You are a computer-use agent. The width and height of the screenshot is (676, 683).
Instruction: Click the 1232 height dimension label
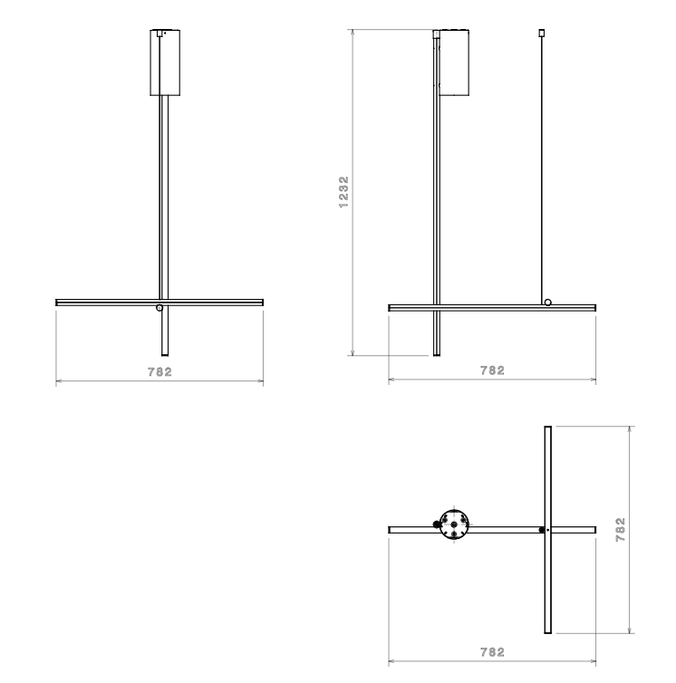click(343, 192)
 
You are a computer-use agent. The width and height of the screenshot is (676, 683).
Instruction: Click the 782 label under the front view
click(160, 372)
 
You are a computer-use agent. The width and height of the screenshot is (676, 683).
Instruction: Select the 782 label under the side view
click(493, 370)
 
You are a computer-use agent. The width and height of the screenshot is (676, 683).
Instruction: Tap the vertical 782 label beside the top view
click(620, 530)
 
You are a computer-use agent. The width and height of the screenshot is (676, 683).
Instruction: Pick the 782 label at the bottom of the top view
click(493, 652)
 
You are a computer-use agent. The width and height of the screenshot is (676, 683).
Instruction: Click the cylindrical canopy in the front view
click(165, 63)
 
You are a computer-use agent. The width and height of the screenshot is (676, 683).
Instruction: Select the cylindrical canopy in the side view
click(454, 63)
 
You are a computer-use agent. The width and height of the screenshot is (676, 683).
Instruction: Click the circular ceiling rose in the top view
click(454, 524)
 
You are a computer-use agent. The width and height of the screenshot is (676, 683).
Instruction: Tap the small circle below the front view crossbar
click(159, 308)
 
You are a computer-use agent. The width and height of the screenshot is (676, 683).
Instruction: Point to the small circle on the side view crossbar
click(548, 303)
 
